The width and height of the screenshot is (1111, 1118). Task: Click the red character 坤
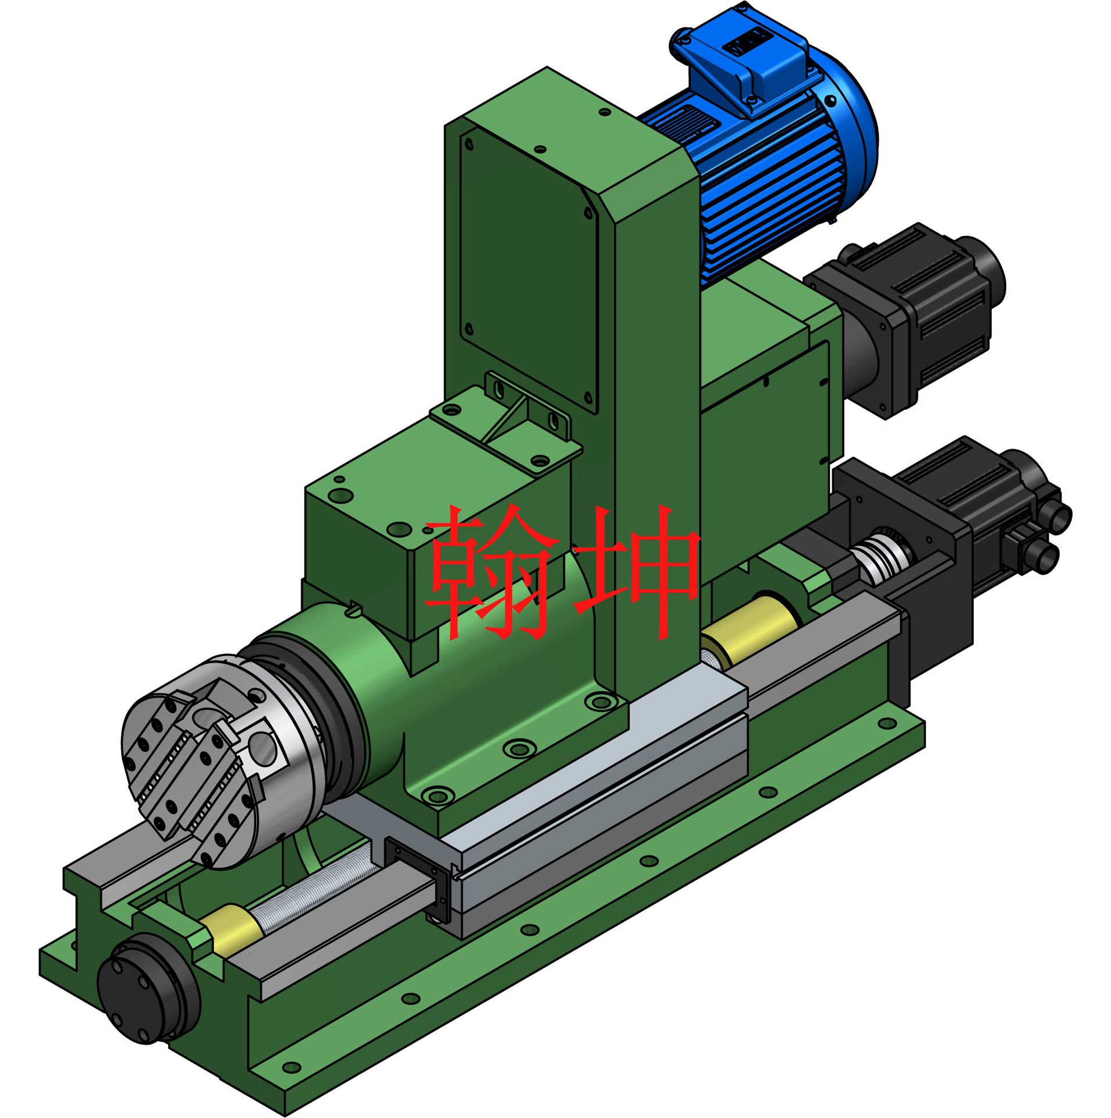pyautogui.click(x=636, y=574)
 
